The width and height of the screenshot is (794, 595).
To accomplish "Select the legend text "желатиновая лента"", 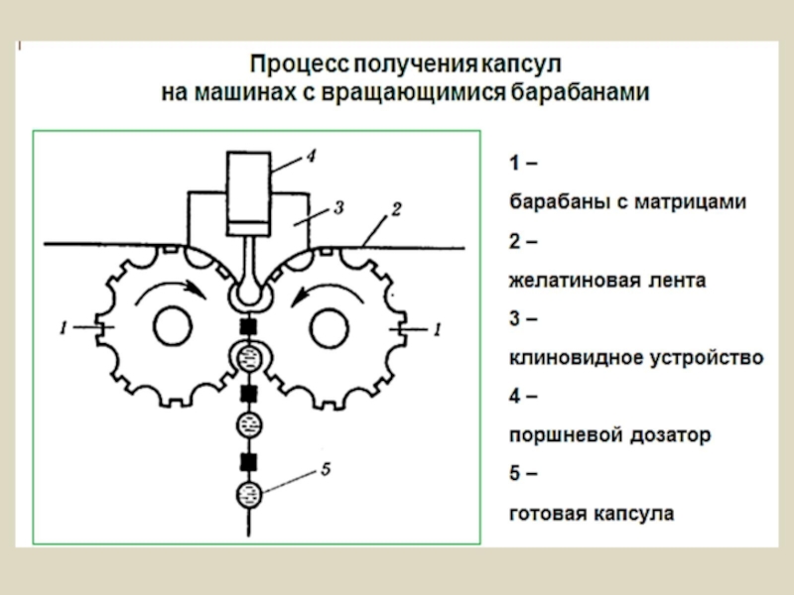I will coord(607,281).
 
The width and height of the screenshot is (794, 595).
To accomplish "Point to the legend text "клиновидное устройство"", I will coord(635,358).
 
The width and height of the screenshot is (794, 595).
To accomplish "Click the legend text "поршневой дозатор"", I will coord(609,435).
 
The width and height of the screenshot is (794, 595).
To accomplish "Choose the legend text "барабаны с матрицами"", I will coord(627,201).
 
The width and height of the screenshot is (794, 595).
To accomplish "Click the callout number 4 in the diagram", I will coord(310,157).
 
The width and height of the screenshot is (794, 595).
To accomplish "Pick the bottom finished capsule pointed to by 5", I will coord(250,494).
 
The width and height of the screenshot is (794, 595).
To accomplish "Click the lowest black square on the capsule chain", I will coord(250,460).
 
